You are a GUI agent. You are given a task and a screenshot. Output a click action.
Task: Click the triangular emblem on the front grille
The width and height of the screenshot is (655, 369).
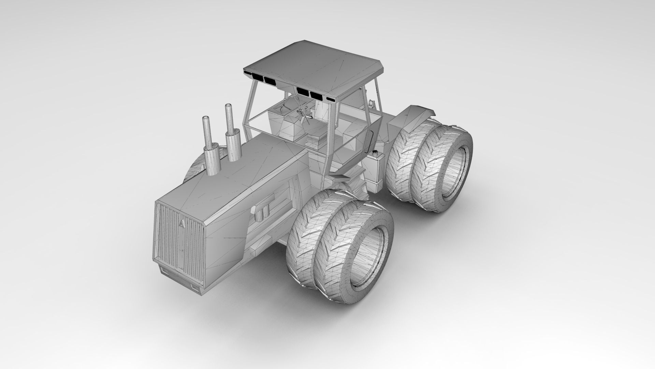click(181, 223)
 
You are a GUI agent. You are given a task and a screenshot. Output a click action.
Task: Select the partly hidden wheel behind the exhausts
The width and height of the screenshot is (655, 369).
click(194, 169)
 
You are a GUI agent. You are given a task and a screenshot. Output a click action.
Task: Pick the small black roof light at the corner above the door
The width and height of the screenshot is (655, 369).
click(331, 99)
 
